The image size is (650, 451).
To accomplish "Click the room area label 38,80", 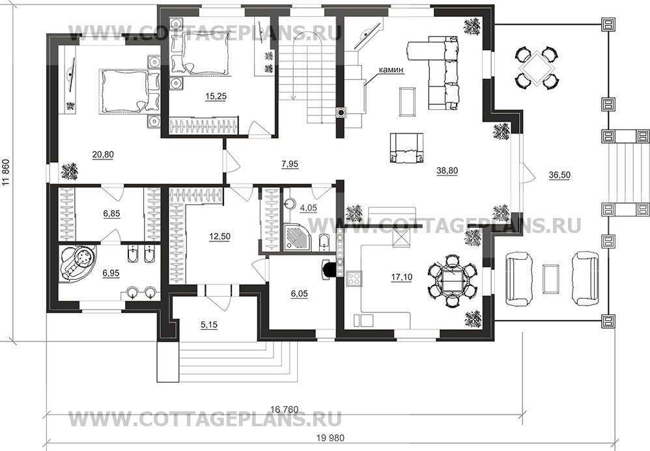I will tap(449, 172).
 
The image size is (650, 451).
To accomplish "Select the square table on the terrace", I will tap(537, 66).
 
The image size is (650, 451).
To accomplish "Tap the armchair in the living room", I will tap(406, 148).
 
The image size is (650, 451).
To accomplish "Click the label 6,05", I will tap(300, 294).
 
